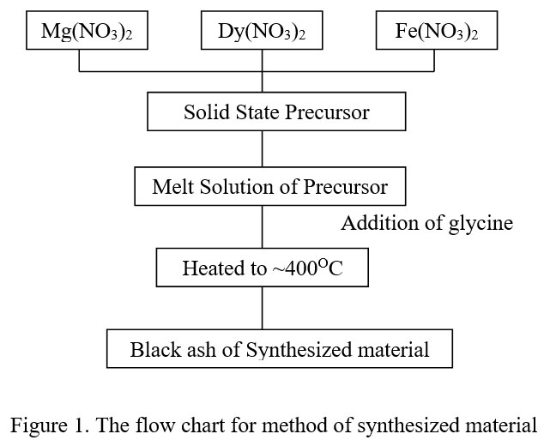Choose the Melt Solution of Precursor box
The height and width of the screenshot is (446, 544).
[x=269, y=187]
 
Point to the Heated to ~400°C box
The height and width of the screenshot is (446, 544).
[x=263, y=268]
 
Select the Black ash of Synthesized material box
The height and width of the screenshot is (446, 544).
[x=280, y=349]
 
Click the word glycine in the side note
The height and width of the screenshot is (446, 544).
[x=481, y=224]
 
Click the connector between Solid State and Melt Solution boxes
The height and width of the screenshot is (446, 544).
[x=263, y=150]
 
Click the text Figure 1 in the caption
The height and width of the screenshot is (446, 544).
[x=42, y=423]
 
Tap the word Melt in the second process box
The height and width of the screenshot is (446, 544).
[x=170, y=187]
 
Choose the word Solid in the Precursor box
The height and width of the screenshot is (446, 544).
[x=202, y=113]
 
